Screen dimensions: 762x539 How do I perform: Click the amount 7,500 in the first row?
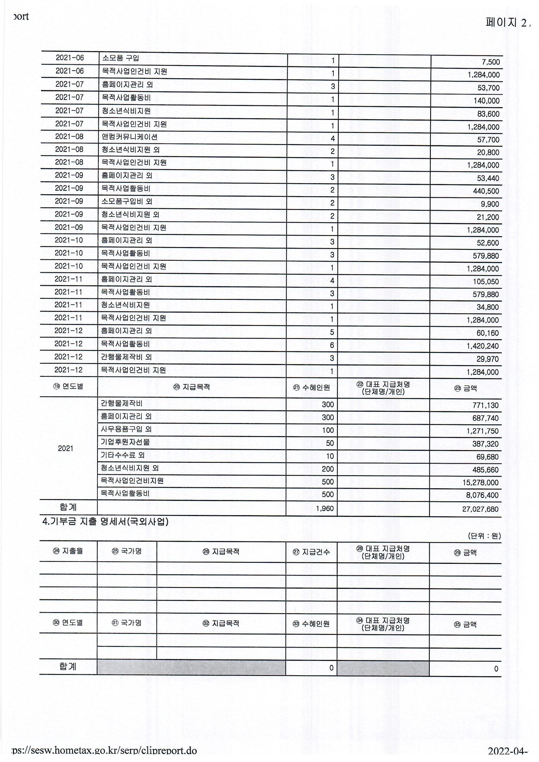(490, 62)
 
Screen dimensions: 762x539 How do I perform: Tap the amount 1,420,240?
(483, 346)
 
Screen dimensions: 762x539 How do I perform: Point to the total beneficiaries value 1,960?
(325, 508)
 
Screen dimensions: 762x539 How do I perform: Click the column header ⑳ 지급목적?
(192, 387)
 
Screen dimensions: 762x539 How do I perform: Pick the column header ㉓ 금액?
(465, 388)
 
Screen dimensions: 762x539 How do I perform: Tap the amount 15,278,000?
(481, 483)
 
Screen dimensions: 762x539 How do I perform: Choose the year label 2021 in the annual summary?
(66, 449)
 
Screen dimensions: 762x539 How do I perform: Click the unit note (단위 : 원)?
(484, 536)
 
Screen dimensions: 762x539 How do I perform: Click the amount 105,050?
(486, 282)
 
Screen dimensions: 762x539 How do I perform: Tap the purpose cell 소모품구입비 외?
(127, 201)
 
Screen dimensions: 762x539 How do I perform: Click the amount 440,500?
(486, 191)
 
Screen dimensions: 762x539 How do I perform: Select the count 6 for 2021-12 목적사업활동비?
(332, 345)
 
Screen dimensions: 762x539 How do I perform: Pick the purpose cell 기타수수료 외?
(123, 455)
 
